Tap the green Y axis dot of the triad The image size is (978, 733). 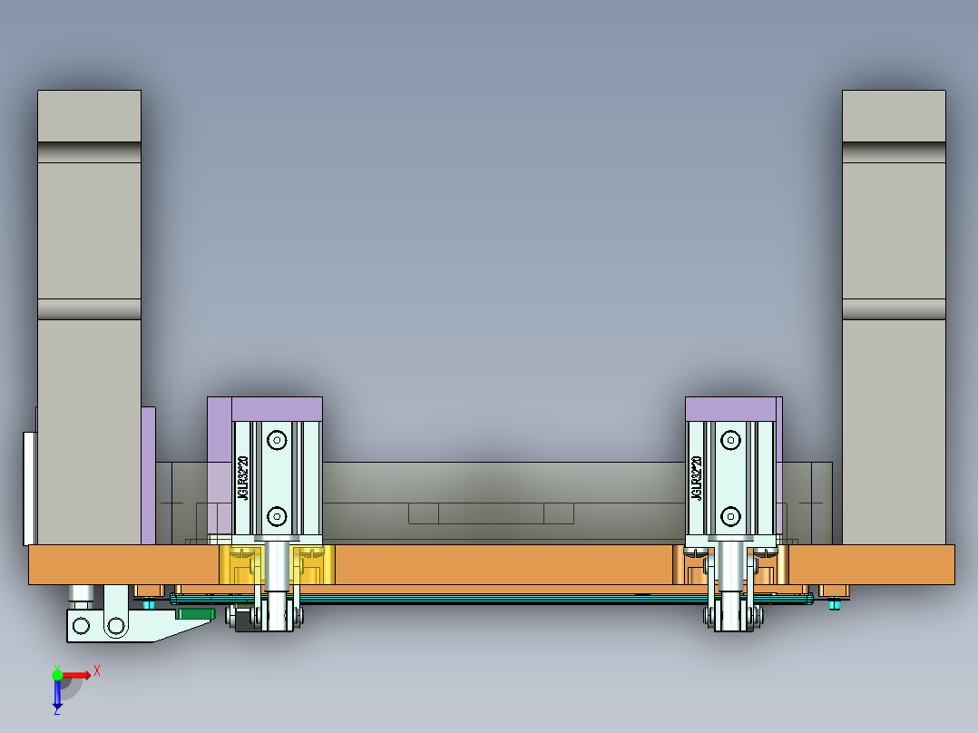(57, 674)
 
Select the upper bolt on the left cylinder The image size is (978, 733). (277, 441)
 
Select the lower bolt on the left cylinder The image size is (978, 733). (277, 517)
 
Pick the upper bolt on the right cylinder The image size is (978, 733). (730, 441)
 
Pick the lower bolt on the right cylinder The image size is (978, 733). (730, 517)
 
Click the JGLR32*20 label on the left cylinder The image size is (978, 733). (243, 478)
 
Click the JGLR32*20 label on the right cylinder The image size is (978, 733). (697, 478)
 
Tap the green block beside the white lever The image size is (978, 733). (193, 613)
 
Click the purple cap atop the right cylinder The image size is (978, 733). (731, 408)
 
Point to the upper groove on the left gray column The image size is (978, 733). (89, 151)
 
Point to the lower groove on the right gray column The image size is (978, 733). (894, 309)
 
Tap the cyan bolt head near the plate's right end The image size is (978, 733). (834, 604)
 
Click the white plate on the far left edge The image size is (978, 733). (29, 488)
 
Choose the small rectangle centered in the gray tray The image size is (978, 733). (491, 513)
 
